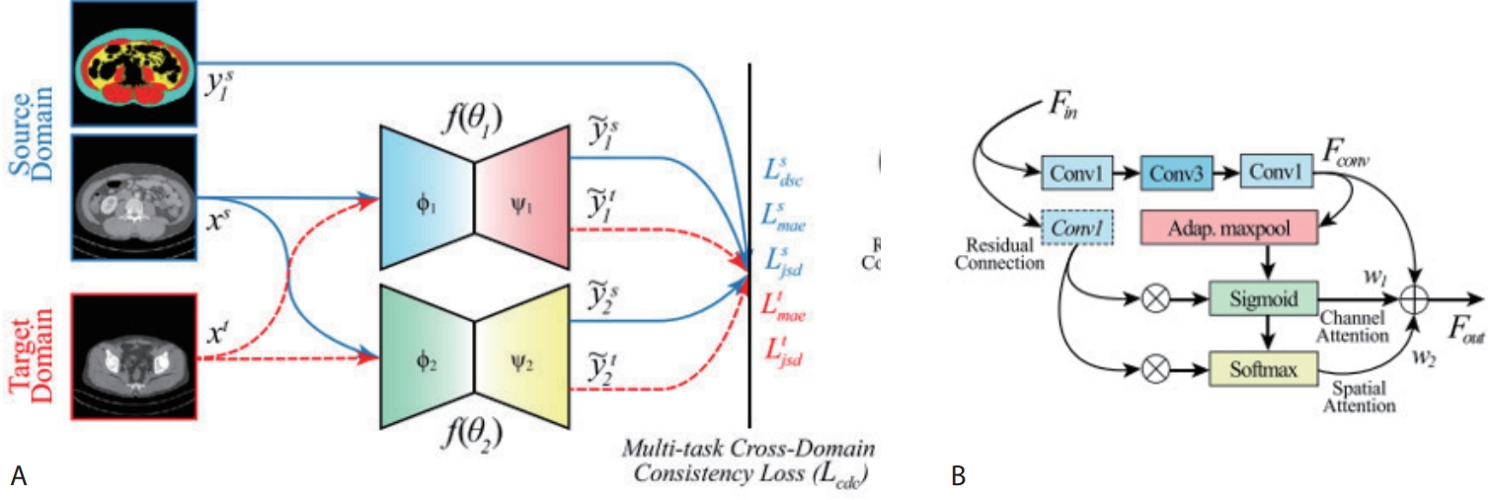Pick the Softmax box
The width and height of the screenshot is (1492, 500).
(1265, 370)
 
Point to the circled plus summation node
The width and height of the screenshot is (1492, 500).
(1418, 297)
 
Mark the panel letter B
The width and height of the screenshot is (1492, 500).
(957, 477)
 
